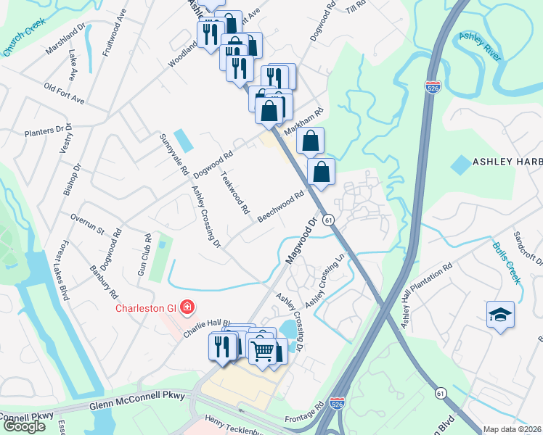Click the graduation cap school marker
coord(500,315)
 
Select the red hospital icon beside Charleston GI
coord(187,307)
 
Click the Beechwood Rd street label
coord(279,207)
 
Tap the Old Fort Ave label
coord(65,94)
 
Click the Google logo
coord(24,426)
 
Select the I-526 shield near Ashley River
coord(432,87)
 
